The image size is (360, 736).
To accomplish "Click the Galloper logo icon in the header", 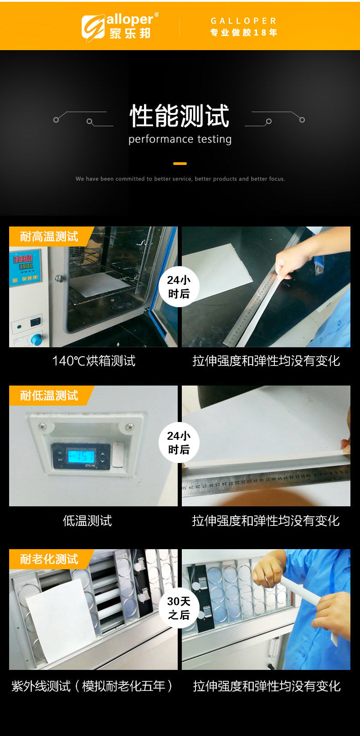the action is tap(93, 28).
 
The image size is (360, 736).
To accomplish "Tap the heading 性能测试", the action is tap(180, 116).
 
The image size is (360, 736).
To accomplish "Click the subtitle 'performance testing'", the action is tap(180, 139).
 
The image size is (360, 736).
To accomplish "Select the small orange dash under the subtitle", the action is tap(180, 163).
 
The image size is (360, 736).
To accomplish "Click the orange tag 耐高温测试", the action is tap(49, 236).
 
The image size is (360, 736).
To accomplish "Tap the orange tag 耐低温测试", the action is tap(49, 395).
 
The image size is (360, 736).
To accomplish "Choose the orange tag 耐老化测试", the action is tap(49, 559).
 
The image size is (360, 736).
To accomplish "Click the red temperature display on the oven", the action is tap(23, 259).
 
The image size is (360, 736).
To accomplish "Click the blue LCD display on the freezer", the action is tap(81, 456).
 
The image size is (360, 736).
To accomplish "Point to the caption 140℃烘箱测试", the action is tap(93, 361).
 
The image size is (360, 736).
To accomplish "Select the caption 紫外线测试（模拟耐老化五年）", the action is tap(92, 686).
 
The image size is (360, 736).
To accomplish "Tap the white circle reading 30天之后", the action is tap(179, 608).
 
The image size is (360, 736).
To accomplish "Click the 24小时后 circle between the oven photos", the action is tap(179, 287).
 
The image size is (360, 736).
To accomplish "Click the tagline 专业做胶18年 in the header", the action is tap(244, 32).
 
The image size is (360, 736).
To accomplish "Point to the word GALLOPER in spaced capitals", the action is tap(243, 21).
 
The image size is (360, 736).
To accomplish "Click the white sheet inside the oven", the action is tap(98, 284).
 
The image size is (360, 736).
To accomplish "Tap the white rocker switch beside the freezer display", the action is tap(118, 454).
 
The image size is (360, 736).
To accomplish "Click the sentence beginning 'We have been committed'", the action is tap(180, 179).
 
